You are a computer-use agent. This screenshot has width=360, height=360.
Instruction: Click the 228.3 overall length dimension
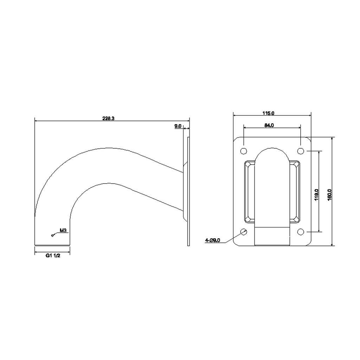pyautogui.click(x=108, y=118)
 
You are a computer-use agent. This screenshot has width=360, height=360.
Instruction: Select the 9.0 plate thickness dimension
pyautogui.click(x=178, y=126)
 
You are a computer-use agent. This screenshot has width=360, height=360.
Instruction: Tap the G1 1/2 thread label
pyautogui.click(x=53, y=256)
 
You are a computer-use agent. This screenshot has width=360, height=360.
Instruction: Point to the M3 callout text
pyautogui.click(x=63, y=230)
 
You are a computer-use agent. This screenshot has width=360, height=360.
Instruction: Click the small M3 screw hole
pyautogui.click(x=52, y=235)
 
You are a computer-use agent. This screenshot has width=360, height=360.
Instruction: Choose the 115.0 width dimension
pyautogui.click(x=268, y=113)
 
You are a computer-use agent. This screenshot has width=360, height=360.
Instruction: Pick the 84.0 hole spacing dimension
pyautogui.click(x=269, y=125)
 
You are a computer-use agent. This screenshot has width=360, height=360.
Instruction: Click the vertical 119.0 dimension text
pyautogui.click(x=316, y=195)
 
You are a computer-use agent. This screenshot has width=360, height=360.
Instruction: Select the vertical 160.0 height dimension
pyautogui.click(x=329, y=195)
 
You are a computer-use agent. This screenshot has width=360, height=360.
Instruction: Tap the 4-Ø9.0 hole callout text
pyautogui.click(x=213, y=240)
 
